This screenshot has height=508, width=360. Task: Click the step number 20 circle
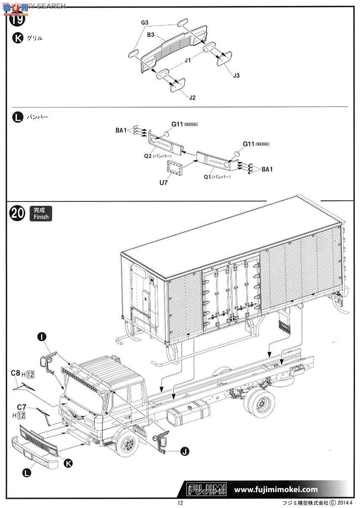pos(17,213)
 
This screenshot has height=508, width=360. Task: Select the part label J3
pos(236,75)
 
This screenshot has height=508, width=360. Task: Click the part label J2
pos(192,97)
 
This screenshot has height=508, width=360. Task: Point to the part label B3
pos(151,35)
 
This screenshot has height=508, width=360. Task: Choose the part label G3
pos(145,22)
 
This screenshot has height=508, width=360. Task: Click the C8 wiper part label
pos(15,373)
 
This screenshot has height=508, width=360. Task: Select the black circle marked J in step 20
pos(184,452)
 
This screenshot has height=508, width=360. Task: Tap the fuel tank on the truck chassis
pos(188,417)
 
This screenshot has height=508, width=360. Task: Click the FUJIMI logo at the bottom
pos(207,489)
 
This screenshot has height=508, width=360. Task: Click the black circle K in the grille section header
pos(17,38)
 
